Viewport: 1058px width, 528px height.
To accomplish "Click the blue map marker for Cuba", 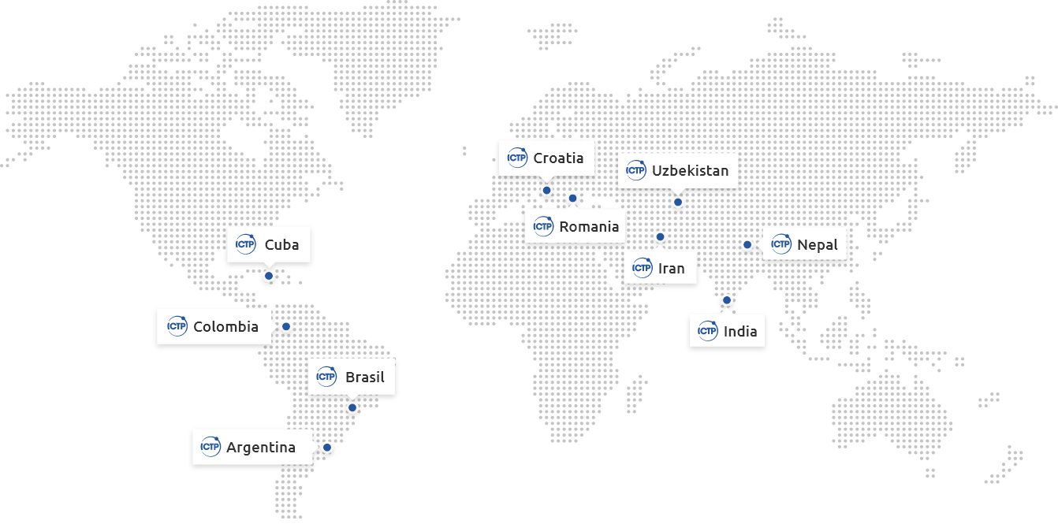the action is pyautogui.click(x=269, y=276).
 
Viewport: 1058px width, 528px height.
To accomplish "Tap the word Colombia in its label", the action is pyautogui.click(x=225, y=326).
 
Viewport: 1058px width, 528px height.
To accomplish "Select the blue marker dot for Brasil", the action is pyautogui.click(x=352, y=407).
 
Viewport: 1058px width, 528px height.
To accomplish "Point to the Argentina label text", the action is pyautogui.click(x=260, y=447).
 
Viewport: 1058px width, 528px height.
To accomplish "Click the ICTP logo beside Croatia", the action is pyautogui.click(x=517, y=158).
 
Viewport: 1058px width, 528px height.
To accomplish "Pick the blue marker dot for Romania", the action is pyautogui.click(x=573, y=198).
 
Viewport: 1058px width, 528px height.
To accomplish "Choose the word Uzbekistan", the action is pyautogui.click(x=690, y=170).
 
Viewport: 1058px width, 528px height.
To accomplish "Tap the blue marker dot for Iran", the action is pyautogui.click(x=661, y=236).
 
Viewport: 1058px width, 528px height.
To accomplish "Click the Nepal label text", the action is pyautogui.click(x=818, y=244).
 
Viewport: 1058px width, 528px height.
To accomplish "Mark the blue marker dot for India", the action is pyautogui.click(x=727, y=300).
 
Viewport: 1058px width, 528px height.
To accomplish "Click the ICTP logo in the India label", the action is pyautogui.click(x=707, y=331).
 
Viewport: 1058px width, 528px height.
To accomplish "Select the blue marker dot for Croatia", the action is pyautogui.click(x=546, y=190).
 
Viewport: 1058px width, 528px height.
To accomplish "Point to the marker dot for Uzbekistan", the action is pyautogui.click(x=677, y=202).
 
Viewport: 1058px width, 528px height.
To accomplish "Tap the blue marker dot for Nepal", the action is pyautogui.click(x=747, y=244).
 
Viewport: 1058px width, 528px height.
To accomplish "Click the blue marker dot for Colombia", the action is pyautogui.click(x=286, y=326).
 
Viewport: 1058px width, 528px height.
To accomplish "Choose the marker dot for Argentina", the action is pyautogui.click(x=327, y=447).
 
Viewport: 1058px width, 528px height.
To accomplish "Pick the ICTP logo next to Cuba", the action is pyautogui.click(x=246, y=244).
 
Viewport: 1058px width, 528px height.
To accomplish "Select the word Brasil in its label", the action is pyautogui.click(x=364, y=377).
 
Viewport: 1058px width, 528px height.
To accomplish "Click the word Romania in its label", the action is pyautogui.click(x=589, y=227).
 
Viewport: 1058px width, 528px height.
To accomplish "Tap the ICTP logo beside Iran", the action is pyautogui.click(x=642, y=268).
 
